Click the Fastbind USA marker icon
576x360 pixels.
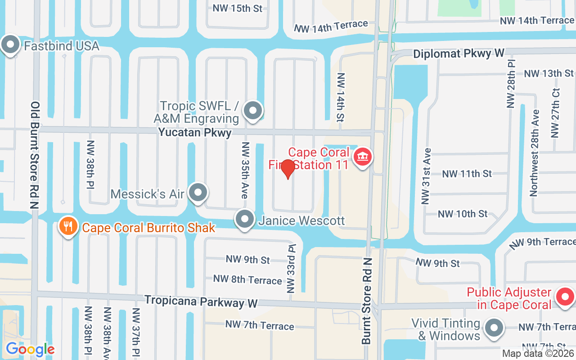tap(10, 45)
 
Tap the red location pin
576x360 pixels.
tap(288, 169)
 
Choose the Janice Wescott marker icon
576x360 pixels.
tap(245, 220)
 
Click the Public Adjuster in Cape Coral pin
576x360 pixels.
tap(564, 297)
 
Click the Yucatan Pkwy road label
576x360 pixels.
tap(195, 133)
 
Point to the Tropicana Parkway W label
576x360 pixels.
tap(201, 301)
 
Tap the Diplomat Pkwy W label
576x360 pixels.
tap(458, 54)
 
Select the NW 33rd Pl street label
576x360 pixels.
tap(292, 268)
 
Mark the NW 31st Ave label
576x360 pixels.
tap(426, 176)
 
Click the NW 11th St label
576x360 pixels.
tap(467, 174)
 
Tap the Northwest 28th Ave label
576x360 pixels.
tap(534, 153)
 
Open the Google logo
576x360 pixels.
tap(30, 349)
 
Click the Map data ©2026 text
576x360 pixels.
tap(538, 354)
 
